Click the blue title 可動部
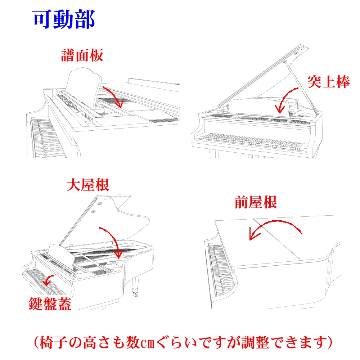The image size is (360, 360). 64,19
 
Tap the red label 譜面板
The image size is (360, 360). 82,55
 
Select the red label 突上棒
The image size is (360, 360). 328,82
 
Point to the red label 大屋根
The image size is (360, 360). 88,185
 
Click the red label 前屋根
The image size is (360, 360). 256,202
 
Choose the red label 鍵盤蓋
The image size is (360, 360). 50,304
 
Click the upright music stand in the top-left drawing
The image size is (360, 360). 83,87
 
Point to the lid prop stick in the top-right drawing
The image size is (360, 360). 301,88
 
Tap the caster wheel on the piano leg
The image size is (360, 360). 135,294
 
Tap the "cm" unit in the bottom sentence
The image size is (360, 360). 147,343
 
